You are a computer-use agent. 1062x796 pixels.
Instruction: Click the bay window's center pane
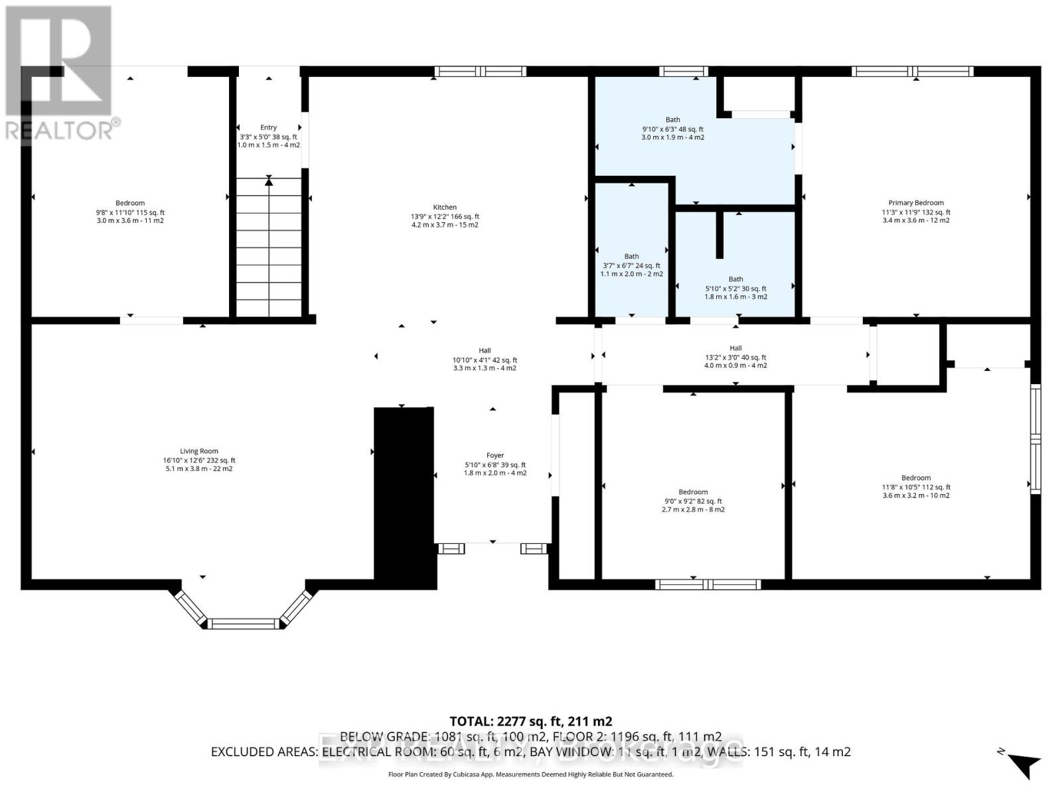[243, 624]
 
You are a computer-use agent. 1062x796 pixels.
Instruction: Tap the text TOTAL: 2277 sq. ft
[530, 721]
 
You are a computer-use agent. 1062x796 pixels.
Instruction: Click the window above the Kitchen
[481, 72]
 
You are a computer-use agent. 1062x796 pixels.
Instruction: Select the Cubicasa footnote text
[530, 774]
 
